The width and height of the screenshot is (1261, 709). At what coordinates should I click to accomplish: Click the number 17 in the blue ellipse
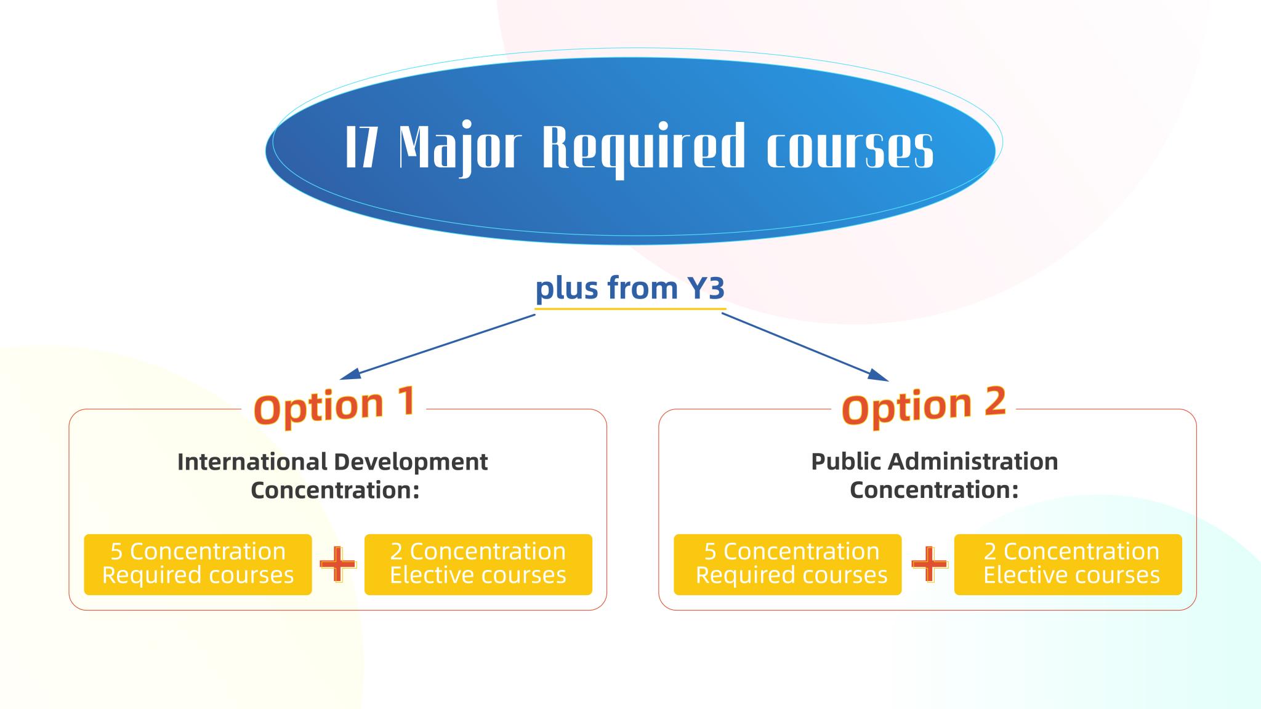coord(361,147)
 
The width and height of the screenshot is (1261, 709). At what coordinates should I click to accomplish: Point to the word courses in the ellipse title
coord(850,149)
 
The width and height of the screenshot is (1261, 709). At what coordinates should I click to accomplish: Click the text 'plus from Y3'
coord(630,287)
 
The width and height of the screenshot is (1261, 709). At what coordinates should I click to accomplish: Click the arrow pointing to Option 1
coord(438,346)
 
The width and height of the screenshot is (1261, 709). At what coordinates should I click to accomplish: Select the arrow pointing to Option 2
coord(805,346)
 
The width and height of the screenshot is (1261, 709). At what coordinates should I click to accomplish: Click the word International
coord(252,462)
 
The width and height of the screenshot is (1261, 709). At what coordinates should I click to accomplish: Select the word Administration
coord(973,461)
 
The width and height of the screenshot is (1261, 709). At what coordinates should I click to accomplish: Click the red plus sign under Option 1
coord(338,564)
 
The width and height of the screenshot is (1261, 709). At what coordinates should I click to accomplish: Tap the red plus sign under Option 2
coord(929,564)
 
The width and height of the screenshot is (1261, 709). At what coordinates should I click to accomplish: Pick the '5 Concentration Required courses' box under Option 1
coord(198,564)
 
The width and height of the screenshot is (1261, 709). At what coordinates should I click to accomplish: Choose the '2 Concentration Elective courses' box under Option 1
coord(478,564)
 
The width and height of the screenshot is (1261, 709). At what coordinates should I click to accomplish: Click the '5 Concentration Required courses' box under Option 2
coord(788,564)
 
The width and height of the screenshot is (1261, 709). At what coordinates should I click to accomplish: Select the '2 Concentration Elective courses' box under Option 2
coord(1068,564)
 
